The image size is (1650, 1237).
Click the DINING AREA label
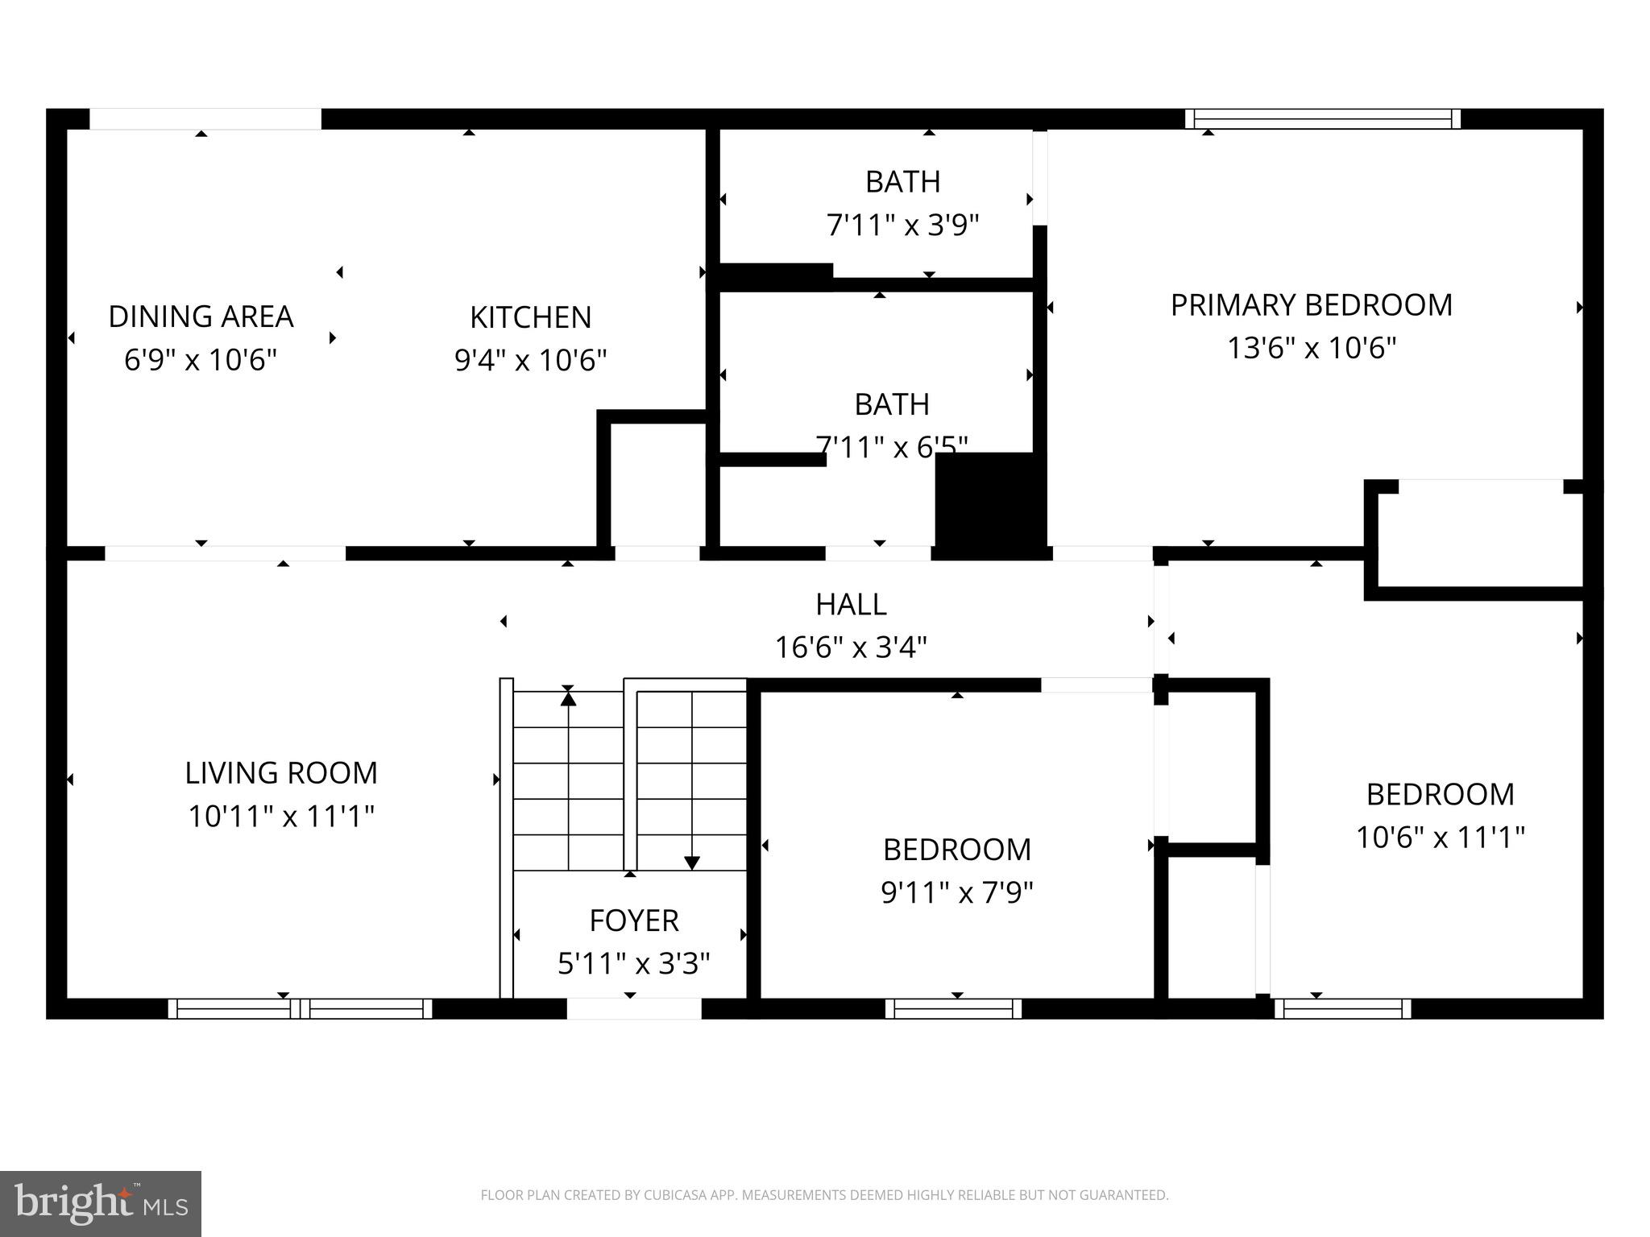[x=201, y=316]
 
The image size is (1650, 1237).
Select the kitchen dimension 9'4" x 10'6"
[x=530, y=360]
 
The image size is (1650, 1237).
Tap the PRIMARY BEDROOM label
[x=1311, y=305]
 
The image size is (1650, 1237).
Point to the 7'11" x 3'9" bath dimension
[x=902, y=225]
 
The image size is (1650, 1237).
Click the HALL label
[x=851, y=604]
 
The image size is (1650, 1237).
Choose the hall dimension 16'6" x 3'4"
[x=851, y=647]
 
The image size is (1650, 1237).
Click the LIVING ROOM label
[x=281, y=773]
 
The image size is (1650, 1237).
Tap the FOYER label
[x=633, y=921]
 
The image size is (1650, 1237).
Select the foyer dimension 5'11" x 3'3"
[x=633, y=963]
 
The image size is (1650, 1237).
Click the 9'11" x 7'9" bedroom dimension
[x=956, y=892]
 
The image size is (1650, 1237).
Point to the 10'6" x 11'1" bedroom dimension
[x=1440, y=838]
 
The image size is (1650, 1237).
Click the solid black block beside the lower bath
[x=989, y=501]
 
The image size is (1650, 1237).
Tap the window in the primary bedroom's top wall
[x=1322, y=119]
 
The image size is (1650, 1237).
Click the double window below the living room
[x=300, y=1008]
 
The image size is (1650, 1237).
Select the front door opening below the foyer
[x=633, y=1008]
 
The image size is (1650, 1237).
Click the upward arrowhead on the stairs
[x=568, y=698]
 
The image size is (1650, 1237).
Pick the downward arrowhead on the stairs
[x=691, y=863]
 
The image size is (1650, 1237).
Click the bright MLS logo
[x=101, y=1204]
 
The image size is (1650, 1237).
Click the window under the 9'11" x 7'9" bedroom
[x=953, y=1008]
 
